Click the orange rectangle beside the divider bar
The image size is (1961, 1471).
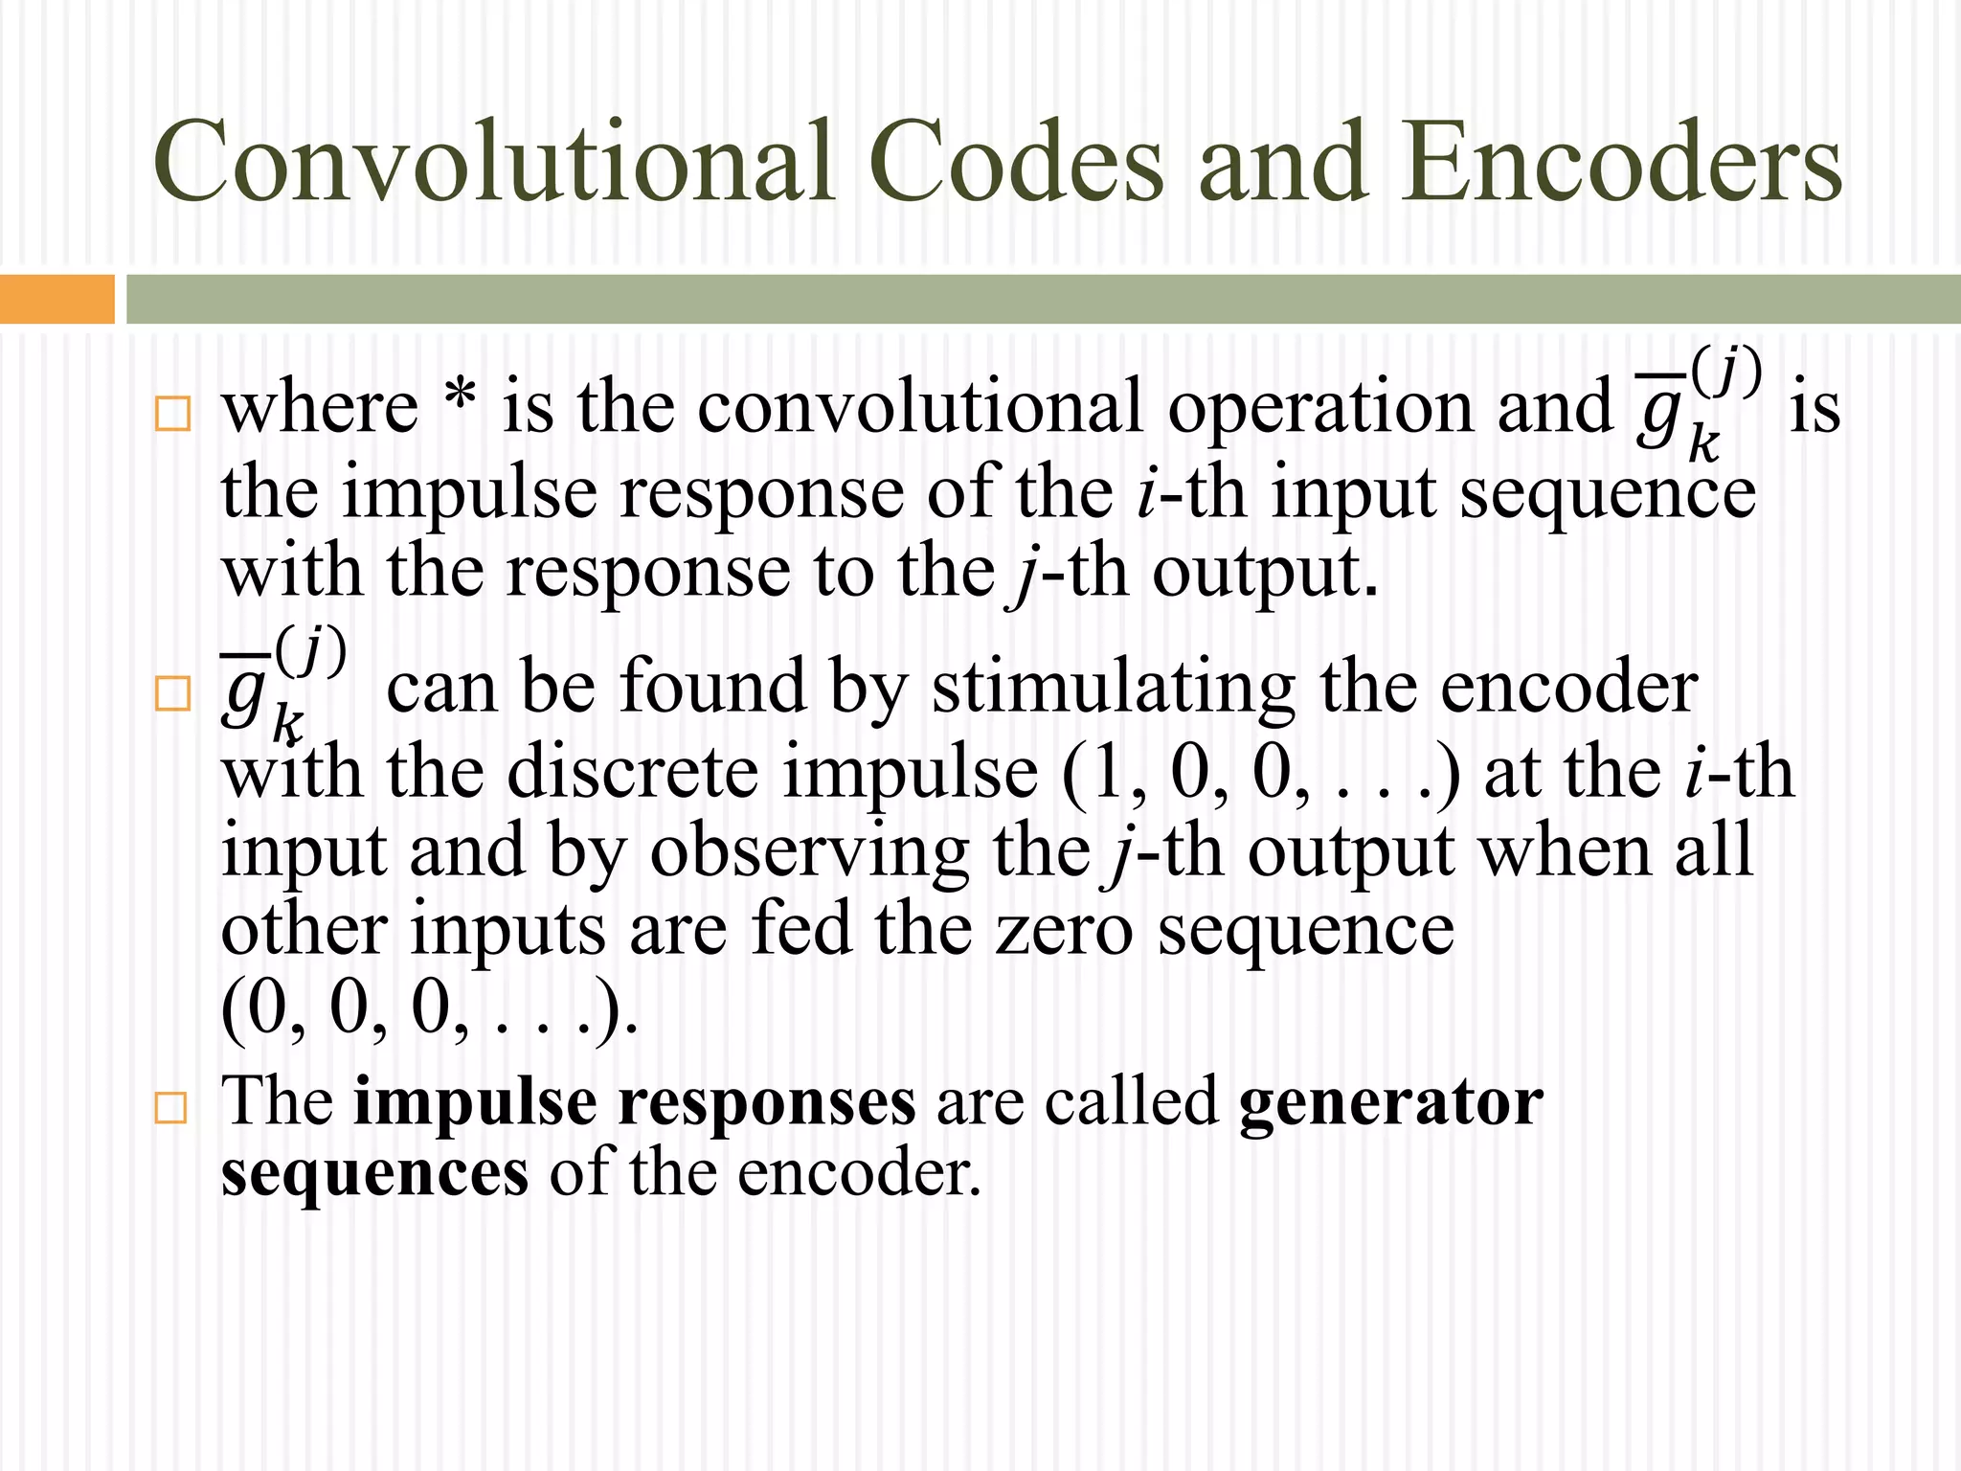(x=56, y=299)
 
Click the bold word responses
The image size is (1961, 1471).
(x=767, y=1102)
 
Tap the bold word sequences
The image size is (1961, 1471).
(x=374, y=1174)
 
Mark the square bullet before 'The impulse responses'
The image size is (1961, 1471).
(x=171, y=1108)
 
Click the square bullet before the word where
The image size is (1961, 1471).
(x=171, y=414)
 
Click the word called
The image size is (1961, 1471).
(x=1131, y=1102)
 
